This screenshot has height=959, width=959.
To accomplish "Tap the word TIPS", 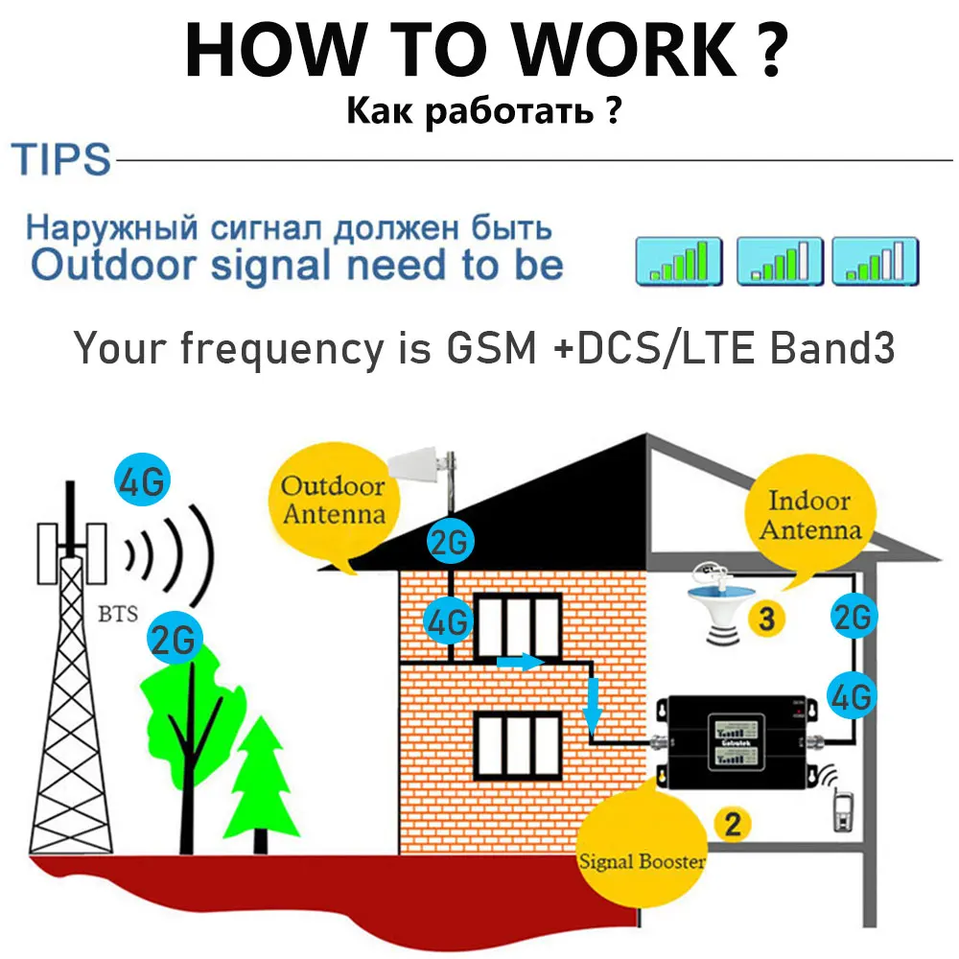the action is coord(60,159).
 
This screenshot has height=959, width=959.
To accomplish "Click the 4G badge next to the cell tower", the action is coord(142,481).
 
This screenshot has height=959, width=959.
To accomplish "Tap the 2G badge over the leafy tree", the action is coord(175,638).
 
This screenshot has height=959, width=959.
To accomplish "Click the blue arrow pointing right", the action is coord(519,663).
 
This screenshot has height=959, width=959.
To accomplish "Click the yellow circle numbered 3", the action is coord(766,619).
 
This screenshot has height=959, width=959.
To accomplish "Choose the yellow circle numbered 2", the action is coord(731,822).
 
